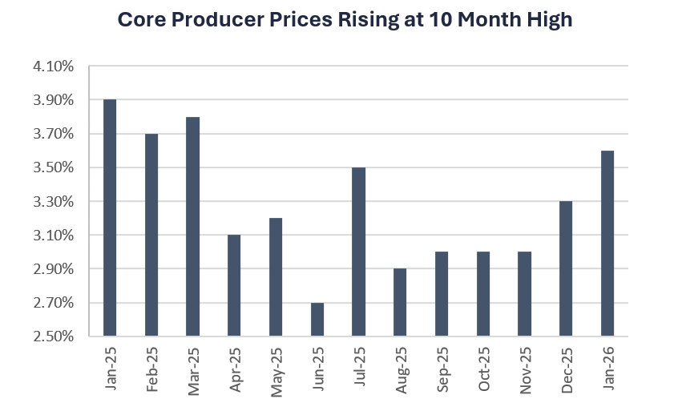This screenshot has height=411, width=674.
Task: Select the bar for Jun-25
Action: click(317, 320)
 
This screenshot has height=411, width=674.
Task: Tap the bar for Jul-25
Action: click(358, 252)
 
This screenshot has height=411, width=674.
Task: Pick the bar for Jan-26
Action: click(607, 244)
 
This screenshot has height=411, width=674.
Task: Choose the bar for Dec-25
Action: click(566, 269)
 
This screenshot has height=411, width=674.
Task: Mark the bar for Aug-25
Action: click(400, 303)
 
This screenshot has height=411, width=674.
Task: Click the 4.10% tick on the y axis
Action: click(53, 66)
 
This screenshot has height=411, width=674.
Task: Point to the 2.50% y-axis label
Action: click(53, 336)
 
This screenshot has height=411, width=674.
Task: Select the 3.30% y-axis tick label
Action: click(53, 202)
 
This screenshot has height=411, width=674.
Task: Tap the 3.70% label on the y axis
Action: click(53, 135)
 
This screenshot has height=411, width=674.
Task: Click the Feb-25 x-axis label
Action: click(151, 369)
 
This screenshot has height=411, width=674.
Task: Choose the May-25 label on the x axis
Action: click(276, 369)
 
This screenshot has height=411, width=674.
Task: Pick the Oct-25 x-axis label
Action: click(483, 369)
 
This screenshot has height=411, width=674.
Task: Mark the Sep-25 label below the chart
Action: click(442, 369)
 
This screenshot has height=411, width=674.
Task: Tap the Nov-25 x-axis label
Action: click(525, 369)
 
